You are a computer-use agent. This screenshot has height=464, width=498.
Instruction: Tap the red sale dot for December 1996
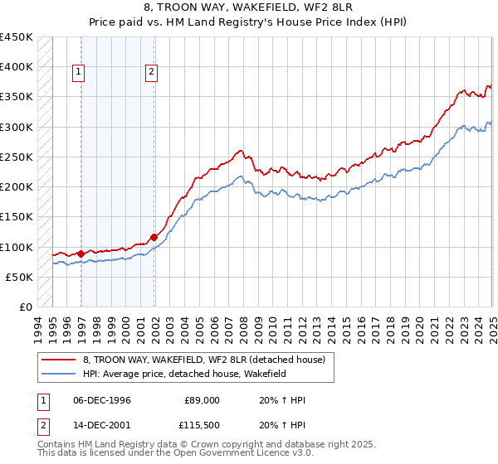[81, 254]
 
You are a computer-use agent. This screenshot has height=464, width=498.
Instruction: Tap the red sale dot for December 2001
[154, 238]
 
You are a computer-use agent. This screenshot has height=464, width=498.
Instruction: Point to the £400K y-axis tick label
[17, 66]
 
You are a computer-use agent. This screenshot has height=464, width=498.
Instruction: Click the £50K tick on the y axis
[20, 277]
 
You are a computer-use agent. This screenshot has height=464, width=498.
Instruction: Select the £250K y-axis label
[17, 157]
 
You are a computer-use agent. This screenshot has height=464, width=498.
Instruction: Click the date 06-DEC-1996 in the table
[102, 400]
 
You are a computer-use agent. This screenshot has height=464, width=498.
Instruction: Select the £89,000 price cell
[202, 400]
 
